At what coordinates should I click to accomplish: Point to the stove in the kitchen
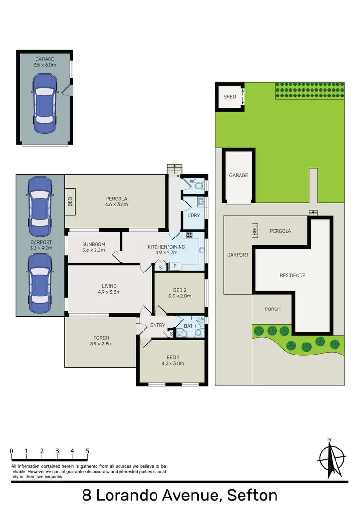coord(189,236)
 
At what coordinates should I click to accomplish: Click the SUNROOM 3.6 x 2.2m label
coord(94,247)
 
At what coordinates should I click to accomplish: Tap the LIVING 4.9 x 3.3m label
coord(110,289)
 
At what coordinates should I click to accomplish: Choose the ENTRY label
coord(157,325)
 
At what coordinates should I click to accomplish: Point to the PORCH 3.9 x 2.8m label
coord(101,340)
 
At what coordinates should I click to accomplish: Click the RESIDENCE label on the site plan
coord(293,275)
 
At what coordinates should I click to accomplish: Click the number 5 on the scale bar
coord(87,451)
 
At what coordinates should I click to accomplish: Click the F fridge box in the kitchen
coord(174,266)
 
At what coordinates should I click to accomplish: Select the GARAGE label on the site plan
coord(239,175)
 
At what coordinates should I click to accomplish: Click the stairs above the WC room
coord(174,169)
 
